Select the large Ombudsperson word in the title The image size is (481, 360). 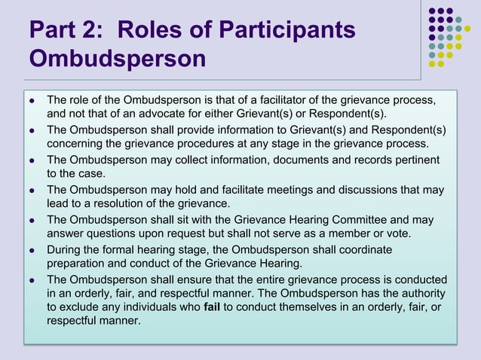tap(117, 59)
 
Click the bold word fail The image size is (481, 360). tap(214, 307)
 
